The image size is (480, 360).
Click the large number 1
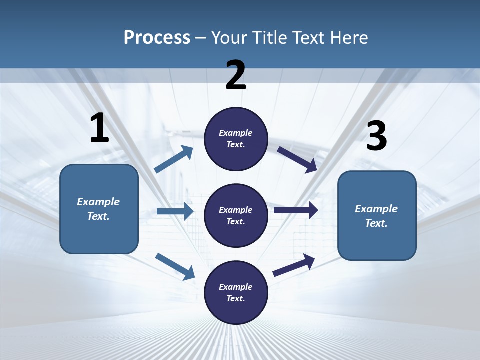(99, 128)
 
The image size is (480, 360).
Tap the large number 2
(236, 75)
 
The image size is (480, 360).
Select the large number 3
(376, 136)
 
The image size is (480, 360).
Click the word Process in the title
(157, 37)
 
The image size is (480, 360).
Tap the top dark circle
(236, 139)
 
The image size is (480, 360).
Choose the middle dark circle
(236, 215)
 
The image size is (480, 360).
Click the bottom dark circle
(236, 292)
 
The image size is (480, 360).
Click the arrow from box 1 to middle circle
(175, 211)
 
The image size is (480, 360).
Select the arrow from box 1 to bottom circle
(175, 266)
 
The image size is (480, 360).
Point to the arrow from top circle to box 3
(297, 159)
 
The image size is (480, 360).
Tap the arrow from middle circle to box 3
(296, 210)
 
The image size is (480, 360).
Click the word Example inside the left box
(98, 202)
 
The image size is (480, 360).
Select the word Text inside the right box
(375, 223)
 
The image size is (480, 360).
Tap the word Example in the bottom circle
(235, 287)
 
